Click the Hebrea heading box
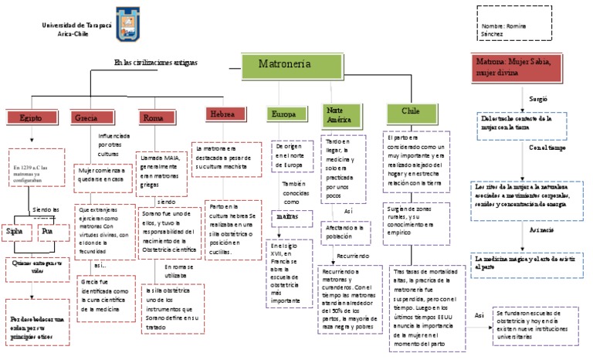pyautogui.click(x=222, y=114)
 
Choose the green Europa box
pyautogui.click(x=283, y=114)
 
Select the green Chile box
pyautogui.click(x=410, y=111)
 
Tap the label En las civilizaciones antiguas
pyautogui.click(x=156, y=62)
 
